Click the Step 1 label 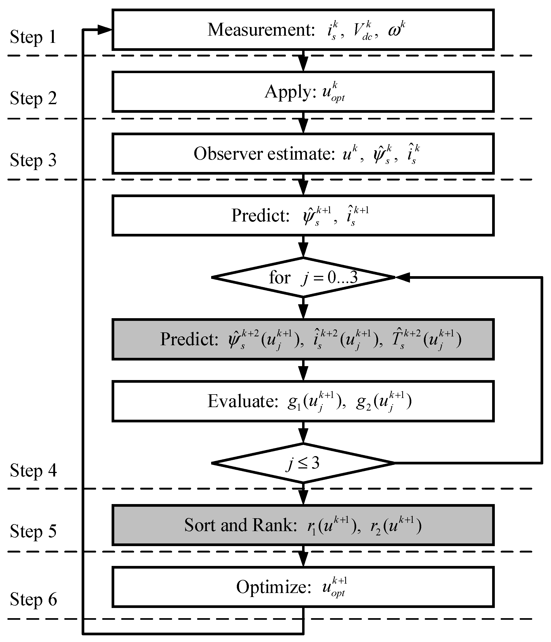pyautogui.click(x=33, y=37)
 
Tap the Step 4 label pyautogui.click(x=33, y=470)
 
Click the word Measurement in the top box pyautogui.click(x=261, y=30)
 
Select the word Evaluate pyautogui.click(x=243, y=401)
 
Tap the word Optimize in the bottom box pyautogui.click(x=273, y=587)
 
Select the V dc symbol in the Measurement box pyautogui.click(x=364, y=31)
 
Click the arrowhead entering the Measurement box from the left pyautogui.click(x=105, y=30)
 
